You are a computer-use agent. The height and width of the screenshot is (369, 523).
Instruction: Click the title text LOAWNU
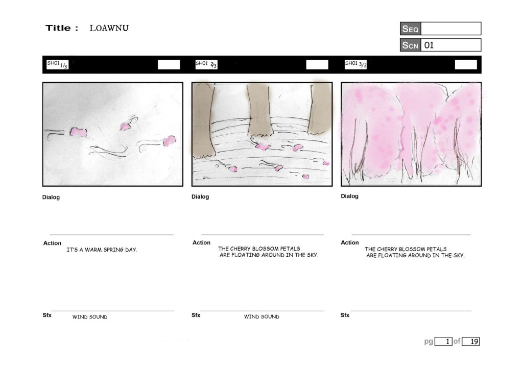click(x=109, y=28)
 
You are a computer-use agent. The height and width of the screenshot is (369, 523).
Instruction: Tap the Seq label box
click(x=410, y=29)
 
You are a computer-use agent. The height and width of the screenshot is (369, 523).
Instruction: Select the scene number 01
click(x=429, y=45)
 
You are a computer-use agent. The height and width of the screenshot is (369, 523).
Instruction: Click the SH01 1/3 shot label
click(x=57, y=64)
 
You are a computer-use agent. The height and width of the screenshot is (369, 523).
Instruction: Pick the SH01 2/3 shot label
click(x=206, y=64)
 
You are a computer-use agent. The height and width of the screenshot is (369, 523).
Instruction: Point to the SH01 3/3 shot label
click(x=355, y=64)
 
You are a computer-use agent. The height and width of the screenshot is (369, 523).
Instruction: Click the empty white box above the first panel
click(x=169, y=65)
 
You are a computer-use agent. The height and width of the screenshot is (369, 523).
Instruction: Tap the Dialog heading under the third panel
click(x=349, y=196)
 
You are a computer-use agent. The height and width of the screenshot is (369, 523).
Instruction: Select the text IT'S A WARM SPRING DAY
click(x=102, y=250)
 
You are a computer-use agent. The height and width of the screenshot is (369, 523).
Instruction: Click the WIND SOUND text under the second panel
click(x=261, y=316)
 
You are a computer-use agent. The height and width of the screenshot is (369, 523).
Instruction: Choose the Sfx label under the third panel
click(x=345, y=315)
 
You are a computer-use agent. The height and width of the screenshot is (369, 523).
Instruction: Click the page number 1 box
click(x=444, y=341)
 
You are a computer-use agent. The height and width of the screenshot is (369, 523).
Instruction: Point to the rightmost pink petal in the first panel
click(x=170, y=141)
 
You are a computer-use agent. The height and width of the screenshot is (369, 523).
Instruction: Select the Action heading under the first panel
click(x=53, y=243)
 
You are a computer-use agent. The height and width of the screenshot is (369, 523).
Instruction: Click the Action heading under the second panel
click(x=201, y=242)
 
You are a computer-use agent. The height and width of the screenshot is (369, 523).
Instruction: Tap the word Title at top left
click(x=58, y=28)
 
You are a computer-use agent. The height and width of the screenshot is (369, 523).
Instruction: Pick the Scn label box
click(x=410, y=45)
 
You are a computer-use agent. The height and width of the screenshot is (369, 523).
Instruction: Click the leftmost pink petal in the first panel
click(x=78, y=132)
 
